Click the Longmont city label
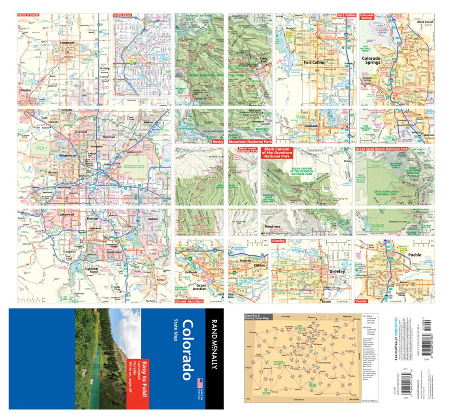pos(67,44)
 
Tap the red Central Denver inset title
pos(124,15)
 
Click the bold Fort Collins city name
pos(315,63)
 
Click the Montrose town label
pos(272,227)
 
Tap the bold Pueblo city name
pos(414,255)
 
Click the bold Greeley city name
pos(337,271)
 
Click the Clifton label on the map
pos(259,265)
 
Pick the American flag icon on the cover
pos(198,383)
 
